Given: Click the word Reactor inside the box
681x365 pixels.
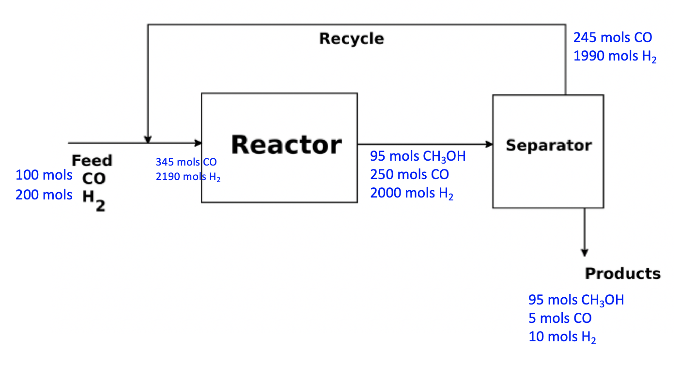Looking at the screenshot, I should coord(286,144).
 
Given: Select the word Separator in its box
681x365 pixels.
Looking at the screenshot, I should coord(548,145).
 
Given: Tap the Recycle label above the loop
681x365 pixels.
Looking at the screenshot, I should coord(351,39).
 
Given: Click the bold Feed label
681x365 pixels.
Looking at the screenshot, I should coord(92,160).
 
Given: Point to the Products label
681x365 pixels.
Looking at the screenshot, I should coord(622,274).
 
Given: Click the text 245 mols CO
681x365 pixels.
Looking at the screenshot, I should coord(613,37).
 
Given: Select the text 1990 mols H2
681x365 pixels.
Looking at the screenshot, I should coord(615,57).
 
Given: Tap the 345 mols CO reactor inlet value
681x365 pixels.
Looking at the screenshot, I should coord(186,162).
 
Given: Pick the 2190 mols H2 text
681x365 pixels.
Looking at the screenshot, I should coord(188,177).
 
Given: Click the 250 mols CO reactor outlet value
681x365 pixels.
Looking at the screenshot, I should coord(409,174).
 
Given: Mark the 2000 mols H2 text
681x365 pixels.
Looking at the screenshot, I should coord(412,194).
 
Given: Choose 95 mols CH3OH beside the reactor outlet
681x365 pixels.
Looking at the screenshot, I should coord(418,156).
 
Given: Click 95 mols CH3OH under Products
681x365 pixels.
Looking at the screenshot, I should coord(576,300).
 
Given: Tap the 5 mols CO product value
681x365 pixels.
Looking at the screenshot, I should coord(560,319).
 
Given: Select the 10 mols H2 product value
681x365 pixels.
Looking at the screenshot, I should coord(562,337).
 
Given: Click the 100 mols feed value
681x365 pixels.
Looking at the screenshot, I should coord(44,175).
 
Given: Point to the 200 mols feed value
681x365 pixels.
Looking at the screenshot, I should coord(44,195).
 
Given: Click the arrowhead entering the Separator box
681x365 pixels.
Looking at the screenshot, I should coord(489,144).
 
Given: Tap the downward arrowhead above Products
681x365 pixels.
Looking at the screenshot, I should coord(584,253).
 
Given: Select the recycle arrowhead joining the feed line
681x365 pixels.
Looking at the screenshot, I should coord(148,139).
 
